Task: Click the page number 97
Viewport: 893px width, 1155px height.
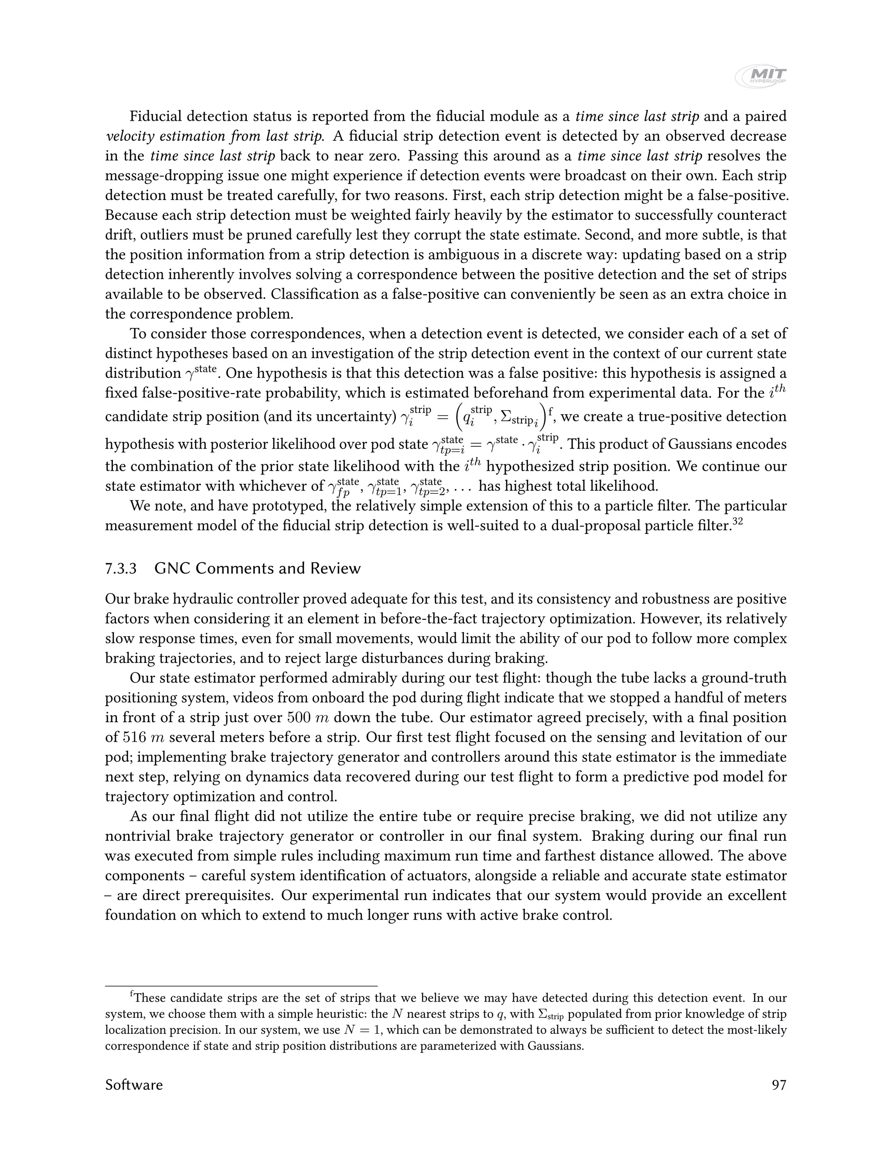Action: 779,1085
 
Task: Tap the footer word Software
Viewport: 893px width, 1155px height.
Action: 134,1085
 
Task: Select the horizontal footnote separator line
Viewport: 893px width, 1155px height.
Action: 241,986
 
